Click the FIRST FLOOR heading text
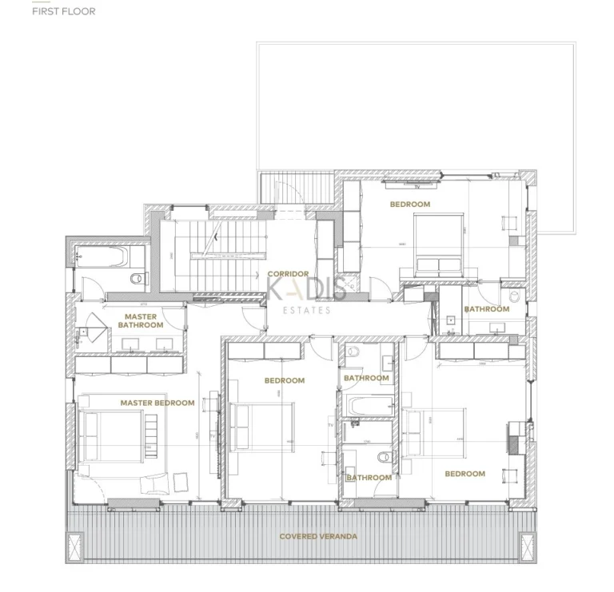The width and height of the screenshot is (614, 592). pyautogui.click(x=63, y=12)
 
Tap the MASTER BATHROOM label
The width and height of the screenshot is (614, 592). pyautogui.click(x=141, y=321)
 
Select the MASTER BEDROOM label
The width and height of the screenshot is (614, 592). pyautogui.click(x=157, y=403)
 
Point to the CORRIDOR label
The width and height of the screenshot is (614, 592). pyautogui.click(x=288, y=274)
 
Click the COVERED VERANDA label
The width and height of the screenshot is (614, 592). pyautogui.click(x=318, y=536)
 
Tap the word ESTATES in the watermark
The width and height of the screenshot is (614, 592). pyautogui.click(x=307, y=310)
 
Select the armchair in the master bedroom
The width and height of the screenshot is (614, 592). pyautogui.click(x=155, y=483)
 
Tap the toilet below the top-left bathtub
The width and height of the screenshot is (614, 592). pyautogui.click(x=137, y=279)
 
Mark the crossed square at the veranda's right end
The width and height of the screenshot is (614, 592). pyautogui.click(x=528, y=546)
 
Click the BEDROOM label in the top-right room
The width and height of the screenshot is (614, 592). pyautogui.click(x=409, y=205)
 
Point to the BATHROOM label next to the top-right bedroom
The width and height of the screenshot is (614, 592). pyautogui.click(x=487, y=309)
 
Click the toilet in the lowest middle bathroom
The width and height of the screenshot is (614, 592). pyautogui.click(x=383, y=458)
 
